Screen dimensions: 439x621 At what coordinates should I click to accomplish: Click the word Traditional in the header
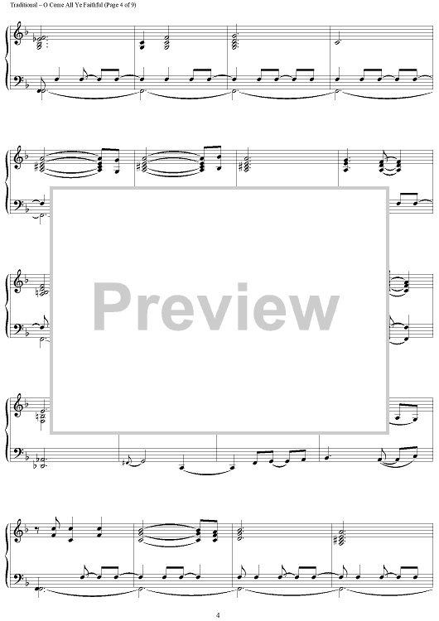[23, 5]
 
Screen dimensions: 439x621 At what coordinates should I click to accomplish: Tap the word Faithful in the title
[90, 5]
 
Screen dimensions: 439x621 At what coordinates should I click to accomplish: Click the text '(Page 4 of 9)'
[118, 5]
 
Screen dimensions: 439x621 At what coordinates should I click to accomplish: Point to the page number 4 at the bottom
[218, 615]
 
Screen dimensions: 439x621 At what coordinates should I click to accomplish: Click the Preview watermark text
[216, 307]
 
